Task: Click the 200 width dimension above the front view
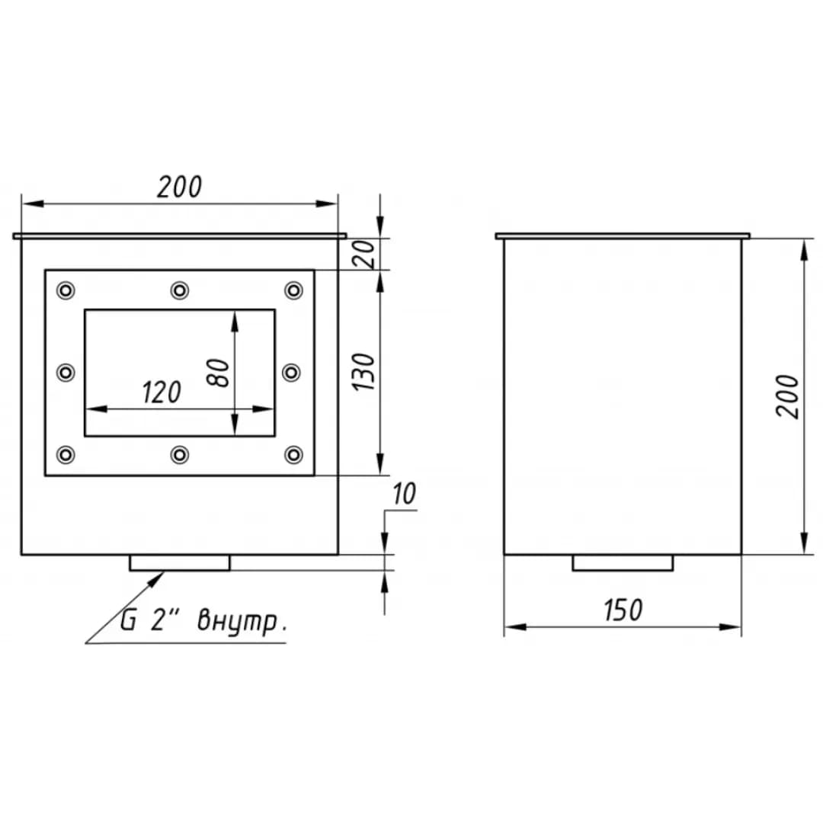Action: pyautogui.click(x=180, y=187)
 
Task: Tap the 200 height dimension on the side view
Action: pyautogui.click(x=787, y=397)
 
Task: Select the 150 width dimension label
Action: pyautogui.click(x=623, y=610)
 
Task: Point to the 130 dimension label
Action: pyautogui.click(x=363, y=372)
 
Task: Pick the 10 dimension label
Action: pyautogui.click(x=404, y=494)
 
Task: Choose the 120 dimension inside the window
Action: pyautogui.click(x=162, y=392)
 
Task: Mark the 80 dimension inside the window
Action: pyautogui.click(x=219, y=373)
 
